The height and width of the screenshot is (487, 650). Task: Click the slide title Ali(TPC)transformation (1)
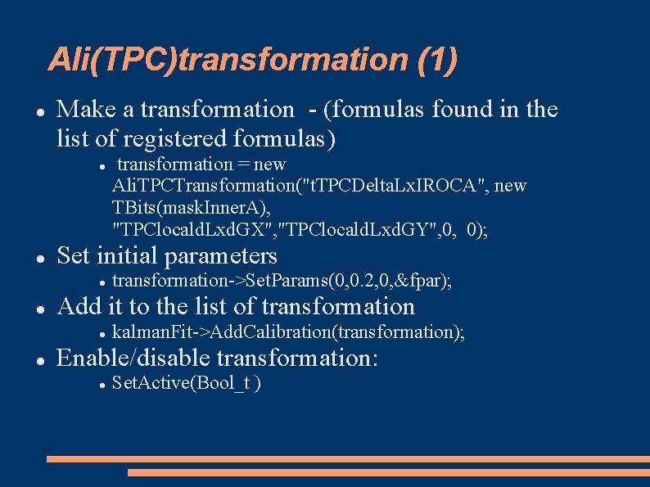coord(253,60)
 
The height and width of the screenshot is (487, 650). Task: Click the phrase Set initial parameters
coord(167,255)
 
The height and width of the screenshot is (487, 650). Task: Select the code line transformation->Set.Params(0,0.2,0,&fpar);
coord(282,282)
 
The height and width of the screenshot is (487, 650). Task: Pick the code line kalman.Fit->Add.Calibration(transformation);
coord(288,332)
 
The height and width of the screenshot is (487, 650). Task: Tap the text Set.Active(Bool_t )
coord(187,383)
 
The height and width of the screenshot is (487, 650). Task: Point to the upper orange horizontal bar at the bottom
coord(348,459)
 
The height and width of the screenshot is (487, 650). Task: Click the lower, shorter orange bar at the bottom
coord(388,472)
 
